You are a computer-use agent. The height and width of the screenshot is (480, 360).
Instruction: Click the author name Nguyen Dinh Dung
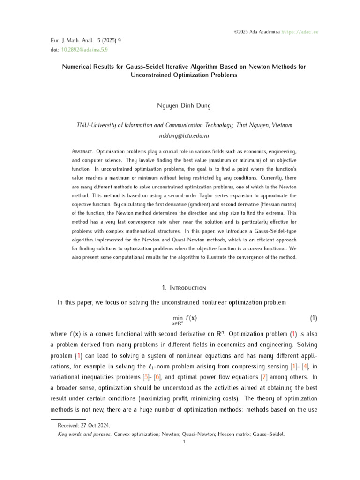point(184,106)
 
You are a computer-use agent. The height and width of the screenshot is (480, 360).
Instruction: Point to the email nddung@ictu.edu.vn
point(184,135)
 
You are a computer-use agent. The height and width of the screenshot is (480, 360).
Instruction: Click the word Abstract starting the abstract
point(82,152)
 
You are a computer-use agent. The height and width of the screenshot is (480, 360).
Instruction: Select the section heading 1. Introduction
point(184,287)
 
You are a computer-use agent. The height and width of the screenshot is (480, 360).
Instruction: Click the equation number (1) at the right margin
point(314,318)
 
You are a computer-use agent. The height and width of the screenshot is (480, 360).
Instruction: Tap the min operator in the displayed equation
point(177,318)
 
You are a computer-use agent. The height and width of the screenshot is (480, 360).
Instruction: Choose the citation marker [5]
point(146,364)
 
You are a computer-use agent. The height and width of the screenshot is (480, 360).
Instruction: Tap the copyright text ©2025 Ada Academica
point(257,32)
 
